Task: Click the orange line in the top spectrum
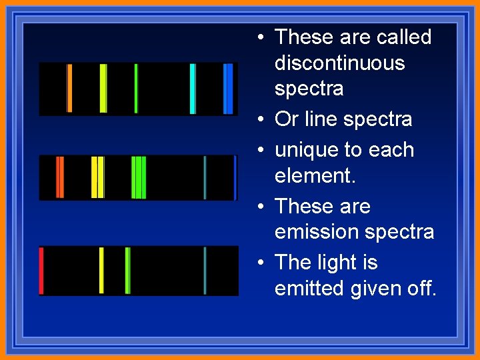(x=69, y=89)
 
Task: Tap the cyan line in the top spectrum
(x=193, y=89)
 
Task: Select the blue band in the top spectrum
(x=228, y=89)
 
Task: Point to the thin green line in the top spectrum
(x=136, y=89)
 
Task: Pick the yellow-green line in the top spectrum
(x=103, y=89)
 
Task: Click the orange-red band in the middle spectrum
(x=59, y=177)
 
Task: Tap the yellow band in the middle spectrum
(x=97, y=177)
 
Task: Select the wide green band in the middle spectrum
(x=139, y=177)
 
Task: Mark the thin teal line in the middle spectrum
(x=205, y=177)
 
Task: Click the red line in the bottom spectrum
(x=41, y=271)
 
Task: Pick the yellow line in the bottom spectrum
(x=101, y=271)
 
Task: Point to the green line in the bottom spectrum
(x=127, y=271)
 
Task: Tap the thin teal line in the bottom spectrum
(x=205, y=271)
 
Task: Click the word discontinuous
(x=339, y=63)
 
